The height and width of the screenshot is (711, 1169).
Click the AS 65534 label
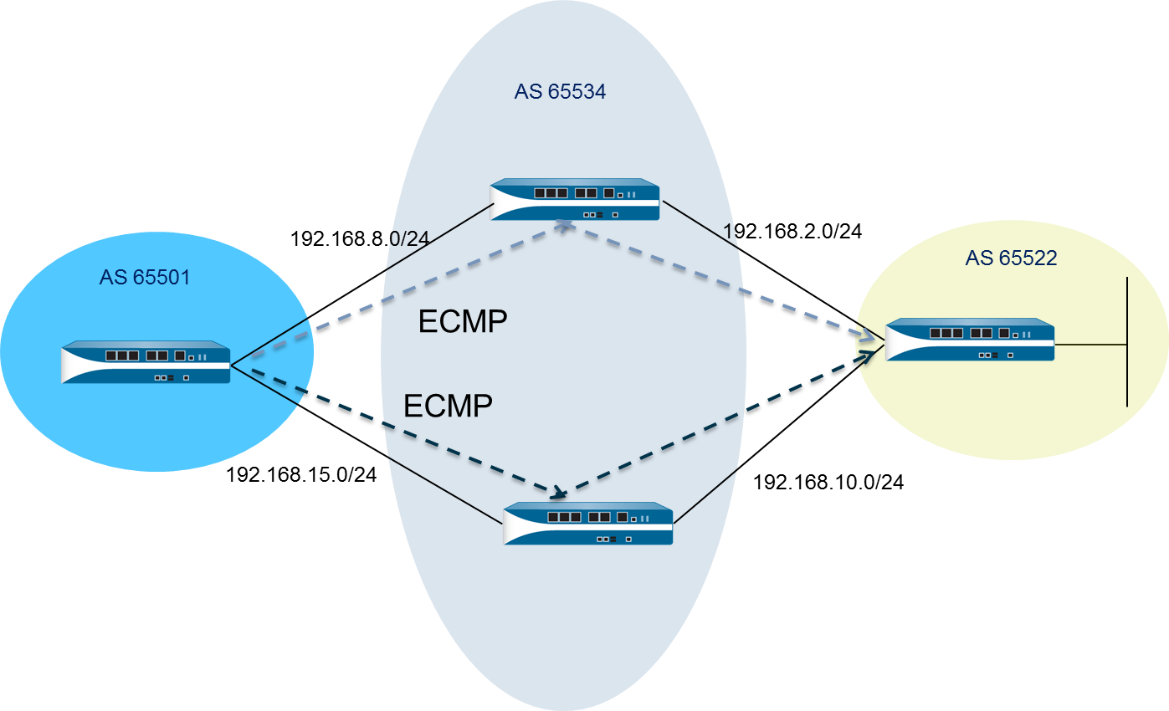coord(560,92)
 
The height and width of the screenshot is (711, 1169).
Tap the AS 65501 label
coord(145,277)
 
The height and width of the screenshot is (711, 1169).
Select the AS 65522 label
coord(1011,258)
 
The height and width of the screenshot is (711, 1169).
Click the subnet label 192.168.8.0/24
coord(359,238)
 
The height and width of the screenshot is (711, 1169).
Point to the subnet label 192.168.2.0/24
coord(792,232)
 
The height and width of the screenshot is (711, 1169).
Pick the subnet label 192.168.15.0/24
coord(301,475)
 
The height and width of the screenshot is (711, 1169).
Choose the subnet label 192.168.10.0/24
coord(828,482)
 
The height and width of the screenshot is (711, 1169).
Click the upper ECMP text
coord(463,321)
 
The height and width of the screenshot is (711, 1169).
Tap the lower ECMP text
coord(448,406)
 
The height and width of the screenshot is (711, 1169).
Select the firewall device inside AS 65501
coord(146,362)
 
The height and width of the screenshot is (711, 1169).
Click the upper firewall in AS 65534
coord(575,200)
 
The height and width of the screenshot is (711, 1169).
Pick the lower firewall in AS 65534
coord(588,524)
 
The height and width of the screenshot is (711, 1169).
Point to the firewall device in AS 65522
coord(970,339)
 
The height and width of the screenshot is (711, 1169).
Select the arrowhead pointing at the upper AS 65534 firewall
coord(566,226)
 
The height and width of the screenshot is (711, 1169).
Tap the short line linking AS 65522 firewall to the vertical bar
coord(1090,344)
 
